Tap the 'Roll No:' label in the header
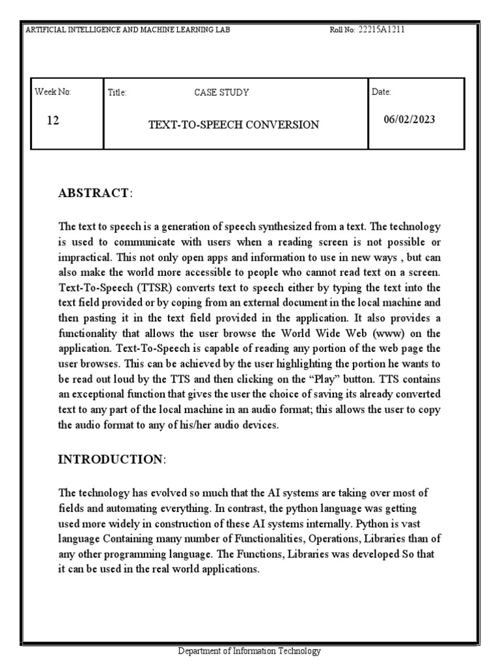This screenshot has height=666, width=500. coord(343,31)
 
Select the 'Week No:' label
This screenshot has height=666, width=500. coord(53,92)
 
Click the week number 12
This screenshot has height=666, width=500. coord(53,121)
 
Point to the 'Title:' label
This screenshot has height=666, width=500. coord(117,93)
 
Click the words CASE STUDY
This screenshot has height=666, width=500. coord(221,92)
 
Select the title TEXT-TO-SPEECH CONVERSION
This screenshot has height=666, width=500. coord(234,124)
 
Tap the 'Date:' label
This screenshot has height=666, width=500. coord(382,92)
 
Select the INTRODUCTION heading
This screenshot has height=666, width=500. coord(111,460)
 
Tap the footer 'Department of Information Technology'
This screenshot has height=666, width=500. coord(250,651)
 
